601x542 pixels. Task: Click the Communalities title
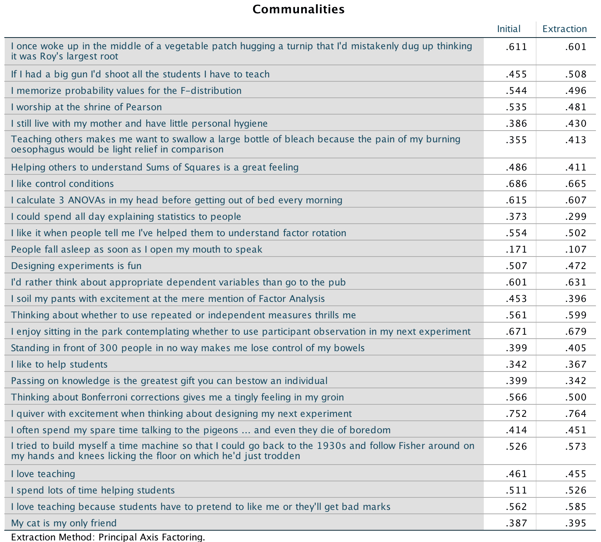pyautogui.click(x=299, y=9)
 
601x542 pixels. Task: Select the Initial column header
pyautogui.click(x=508, y=29)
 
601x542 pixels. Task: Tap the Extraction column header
pyautogui.click(x=564, y=29)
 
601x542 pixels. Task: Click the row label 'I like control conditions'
pyautogui.click(x=63, y=184)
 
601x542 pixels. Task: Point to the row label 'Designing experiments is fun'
pyautogui.click(x=76, y=266)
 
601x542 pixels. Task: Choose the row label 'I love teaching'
pyautogui.click(x=43, y=474)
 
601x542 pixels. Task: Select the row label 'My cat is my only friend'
pyautogui.click(x=64, y=523)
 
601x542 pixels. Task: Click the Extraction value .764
pyautogui.click(x=576, y=414)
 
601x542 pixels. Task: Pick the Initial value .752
pyautogui.click(x=516, y=414)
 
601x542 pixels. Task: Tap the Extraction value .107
pyautogui.click(x=576, y=249)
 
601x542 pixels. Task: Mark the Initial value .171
pyautogui.click(x=516, y=249)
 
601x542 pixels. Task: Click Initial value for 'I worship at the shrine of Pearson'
pyautogui.click(x=516, y=107)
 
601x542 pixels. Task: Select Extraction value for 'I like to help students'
pyautogui.click(x=576, y=364)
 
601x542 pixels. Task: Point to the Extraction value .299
pyautogui.click(x=576, y=217)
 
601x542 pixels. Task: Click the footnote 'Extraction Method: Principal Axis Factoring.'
pyautogui.click(x=108, y=537)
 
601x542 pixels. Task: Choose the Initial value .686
pyautogui.click(x=516, y=184)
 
